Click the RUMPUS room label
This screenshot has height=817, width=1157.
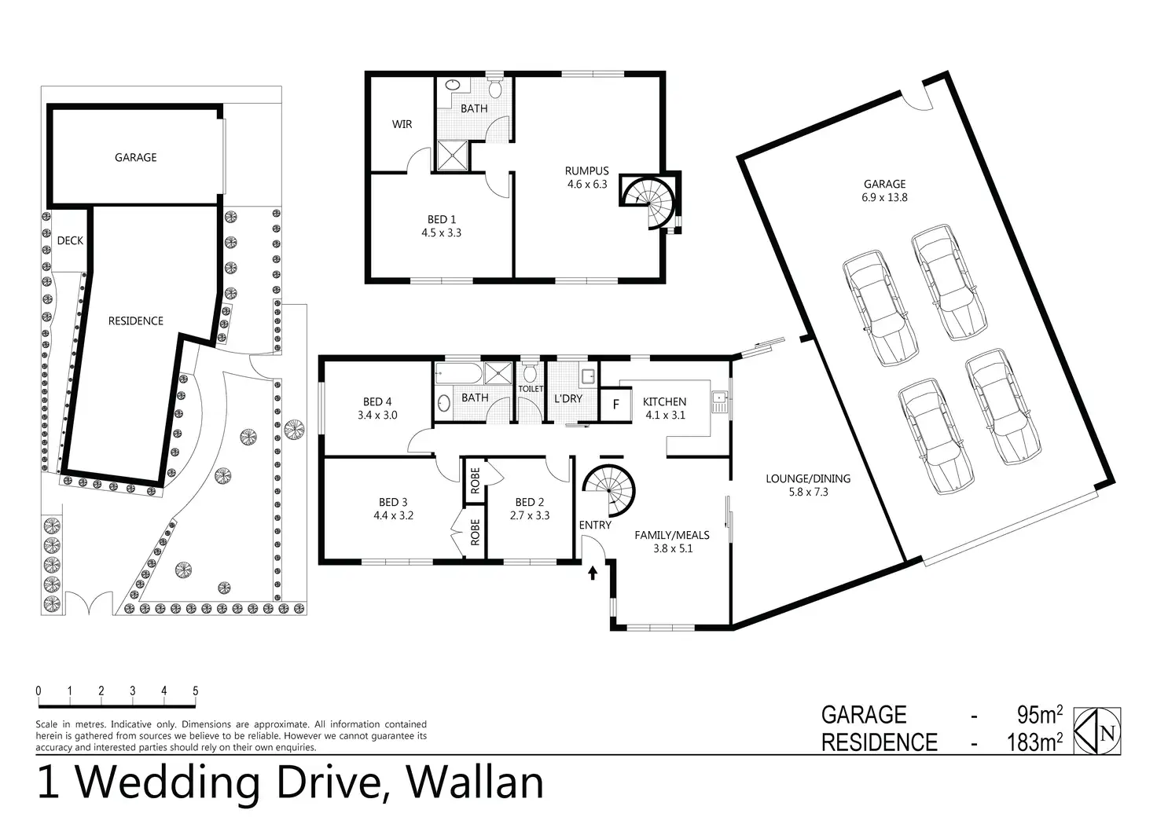586,170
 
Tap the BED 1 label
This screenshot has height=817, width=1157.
442,219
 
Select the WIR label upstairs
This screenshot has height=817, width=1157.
402,124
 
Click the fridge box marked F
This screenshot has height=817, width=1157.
615,405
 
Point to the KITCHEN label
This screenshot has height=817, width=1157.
664,401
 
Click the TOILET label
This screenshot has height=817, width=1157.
531,389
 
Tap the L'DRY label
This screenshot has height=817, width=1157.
568,398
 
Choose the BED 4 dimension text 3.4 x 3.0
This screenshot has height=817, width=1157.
377,415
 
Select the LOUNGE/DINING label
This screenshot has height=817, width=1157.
808,478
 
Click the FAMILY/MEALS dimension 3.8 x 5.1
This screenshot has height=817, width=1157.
672,548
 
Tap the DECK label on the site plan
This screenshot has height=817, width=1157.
70,241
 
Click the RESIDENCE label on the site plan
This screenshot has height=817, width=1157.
135,321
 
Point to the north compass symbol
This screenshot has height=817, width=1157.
1097,731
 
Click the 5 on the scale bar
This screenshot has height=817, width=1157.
196,691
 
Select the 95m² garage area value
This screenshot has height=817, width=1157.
1039,715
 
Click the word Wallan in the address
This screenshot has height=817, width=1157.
476,782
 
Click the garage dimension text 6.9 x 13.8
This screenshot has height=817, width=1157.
884,197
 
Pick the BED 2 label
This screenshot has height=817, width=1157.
530,502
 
